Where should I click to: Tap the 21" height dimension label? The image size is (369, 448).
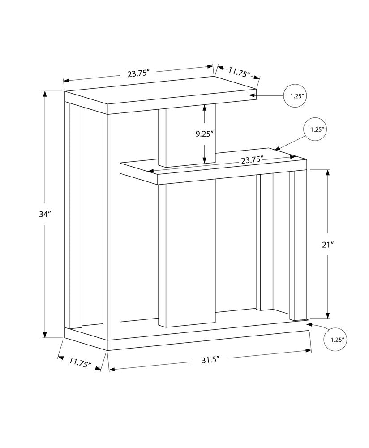point(328,245)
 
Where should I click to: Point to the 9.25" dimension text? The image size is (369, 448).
point(205,134)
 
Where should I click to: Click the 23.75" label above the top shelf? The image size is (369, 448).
point(138,73)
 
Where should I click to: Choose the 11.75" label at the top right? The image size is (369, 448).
point(239,73)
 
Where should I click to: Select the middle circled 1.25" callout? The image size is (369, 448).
point(316,129)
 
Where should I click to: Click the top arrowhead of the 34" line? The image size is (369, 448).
point(45,94)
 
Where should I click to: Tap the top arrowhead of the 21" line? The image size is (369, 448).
point(328,172)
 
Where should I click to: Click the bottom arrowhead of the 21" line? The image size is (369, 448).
point(328,314)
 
